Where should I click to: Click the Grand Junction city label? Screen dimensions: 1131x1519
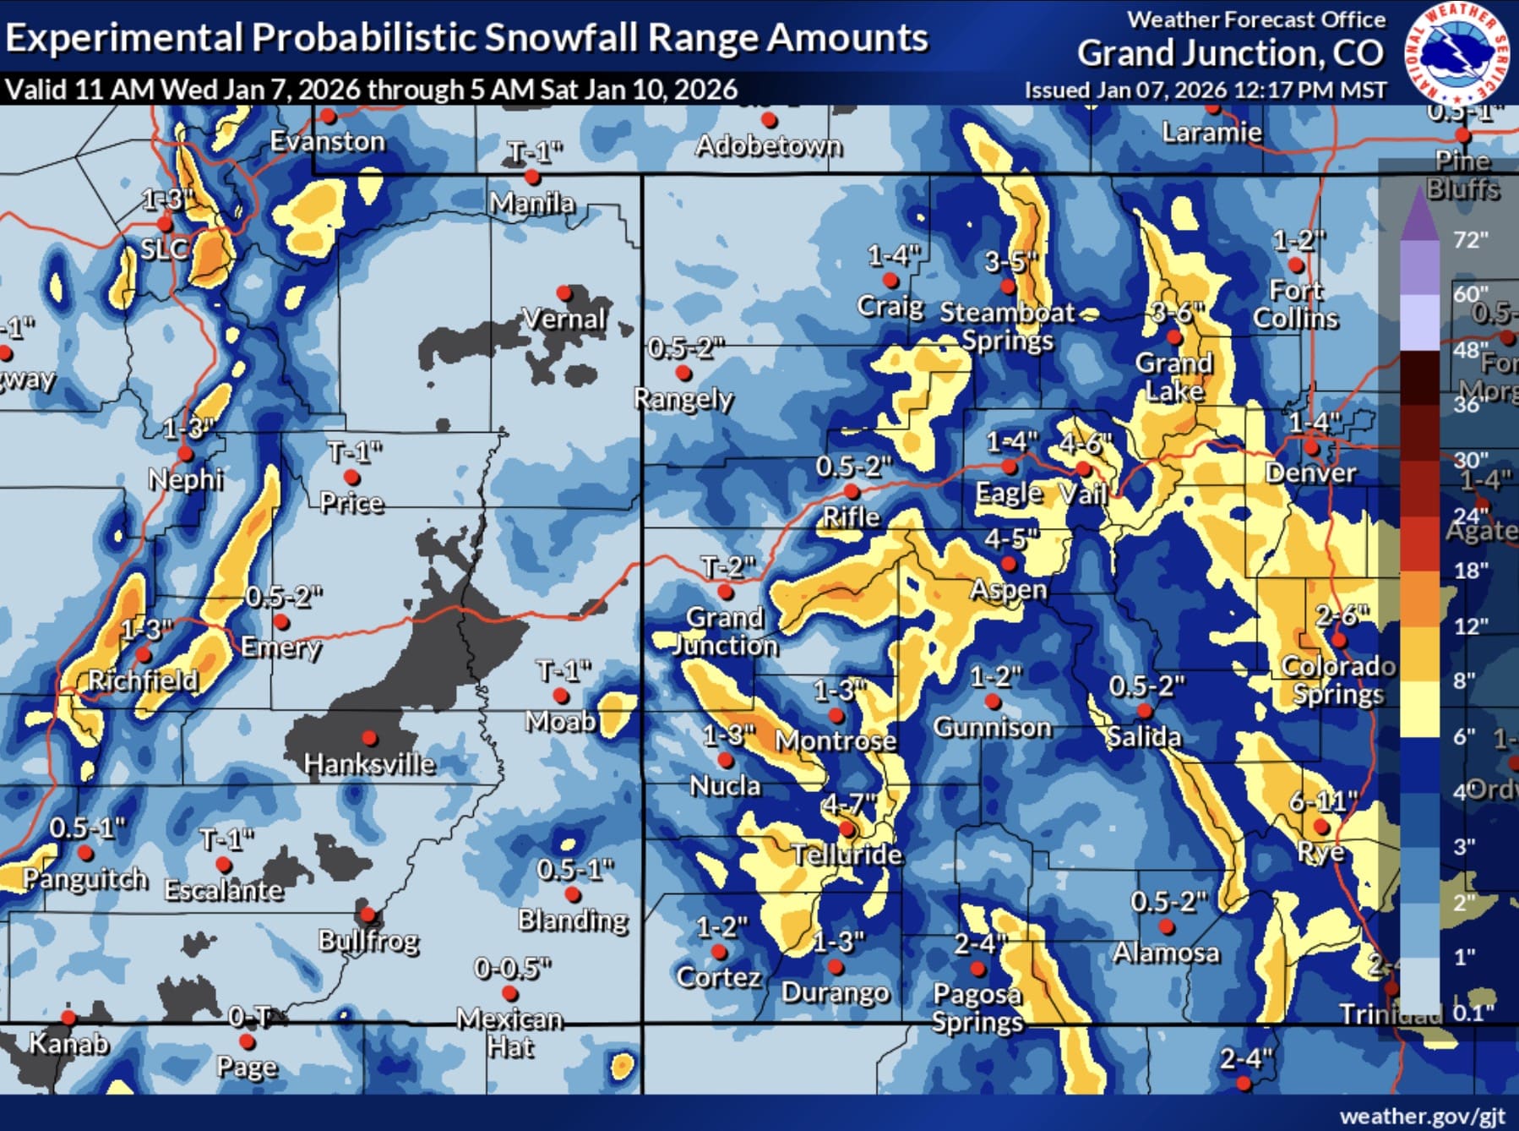tap(726, 631)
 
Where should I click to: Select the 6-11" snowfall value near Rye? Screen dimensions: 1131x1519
tap(1323, 800)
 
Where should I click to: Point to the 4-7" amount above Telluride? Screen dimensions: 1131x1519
tap(850, 802)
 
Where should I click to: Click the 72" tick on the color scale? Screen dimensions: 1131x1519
tap(1470, 240)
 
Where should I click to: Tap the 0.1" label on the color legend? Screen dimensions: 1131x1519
tap(1473, 1012)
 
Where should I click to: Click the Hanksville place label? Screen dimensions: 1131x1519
tap(369, 764)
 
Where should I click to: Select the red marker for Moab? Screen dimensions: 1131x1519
tap(560, 696)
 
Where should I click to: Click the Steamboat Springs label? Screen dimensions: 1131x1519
tap(1007, 326)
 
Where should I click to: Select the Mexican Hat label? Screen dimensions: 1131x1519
tap(509, 1033)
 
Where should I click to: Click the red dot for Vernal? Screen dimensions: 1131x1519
tap(564, 293)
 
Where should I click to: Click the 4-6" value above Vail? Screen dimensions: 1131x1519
tap(1086, 443)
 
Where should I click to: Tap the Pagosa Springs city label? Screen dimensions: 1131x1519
tap(977, 1008)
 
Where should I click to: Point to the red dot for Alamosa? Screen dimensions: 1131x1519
tap(1167, 926)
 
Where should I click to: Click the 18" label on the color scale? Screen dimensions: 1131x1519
tap(1470, 571)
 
